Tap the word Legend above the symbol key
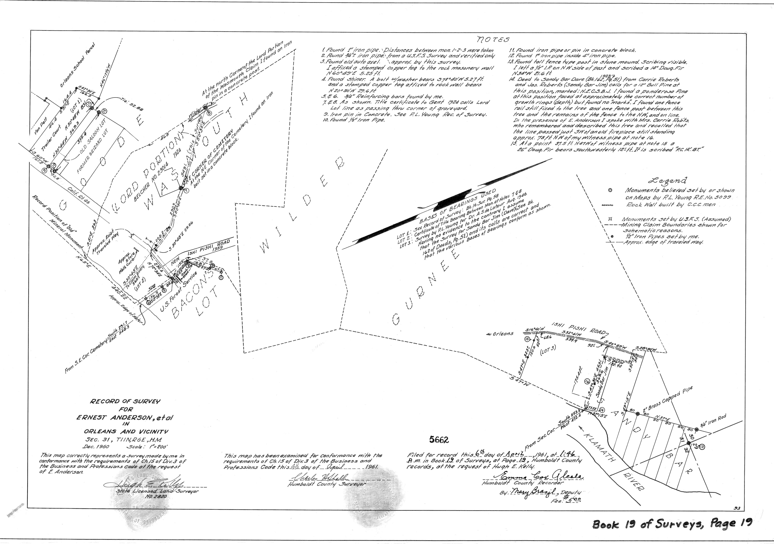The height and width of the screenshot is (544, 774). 669,180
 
